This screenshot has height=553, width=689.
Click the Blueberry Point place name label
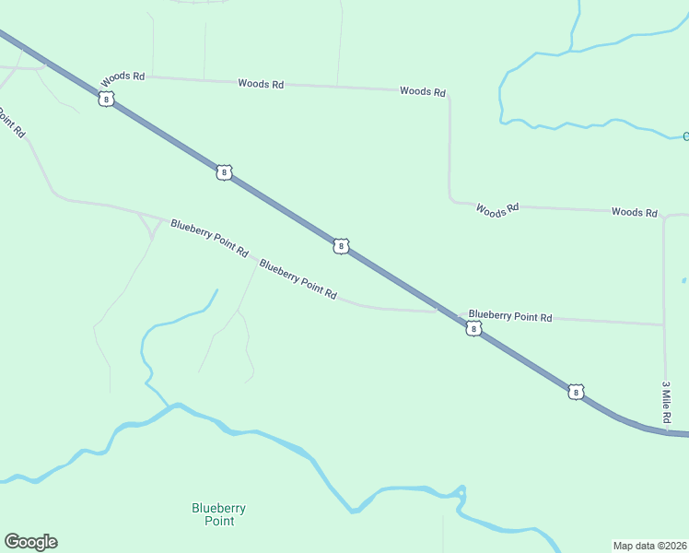[218, 514]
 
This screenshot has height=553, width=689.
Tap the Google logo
[30, 542]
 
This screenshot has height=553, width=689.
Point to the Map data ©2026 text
[649, 546]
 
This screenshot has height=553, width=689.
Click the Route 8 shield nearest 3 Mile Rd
[576, 392]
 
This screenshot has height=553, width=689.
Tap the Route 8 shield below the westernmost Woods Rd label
[107, 99]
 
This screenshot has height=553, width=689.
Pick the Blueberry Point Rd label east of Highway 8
[509, 316]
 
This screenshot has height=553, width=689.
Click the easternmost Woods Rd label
[634, 212]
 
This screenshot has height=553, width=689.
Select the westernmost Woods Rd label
[123, 77]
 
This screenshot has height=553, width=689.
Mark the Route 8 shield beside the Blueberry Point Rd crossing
[473, 328]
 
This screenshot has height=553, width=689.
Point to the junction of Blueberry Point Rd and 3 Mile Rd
[664, 324]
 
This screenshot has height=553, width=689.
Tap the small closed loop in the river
[461, 490]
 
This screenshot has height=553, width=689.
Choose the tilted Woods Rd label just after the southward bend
[497, 209]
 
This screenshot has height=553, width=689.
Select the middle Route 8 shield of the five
[341, 246]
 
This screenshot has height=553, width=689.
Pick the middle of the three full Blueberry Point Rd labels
[297, 278]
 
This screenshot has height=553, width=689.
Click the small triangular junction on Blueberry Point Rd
[148, 222]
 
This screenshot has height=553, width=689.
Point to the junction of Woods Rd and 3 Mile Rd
[664, 216]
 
